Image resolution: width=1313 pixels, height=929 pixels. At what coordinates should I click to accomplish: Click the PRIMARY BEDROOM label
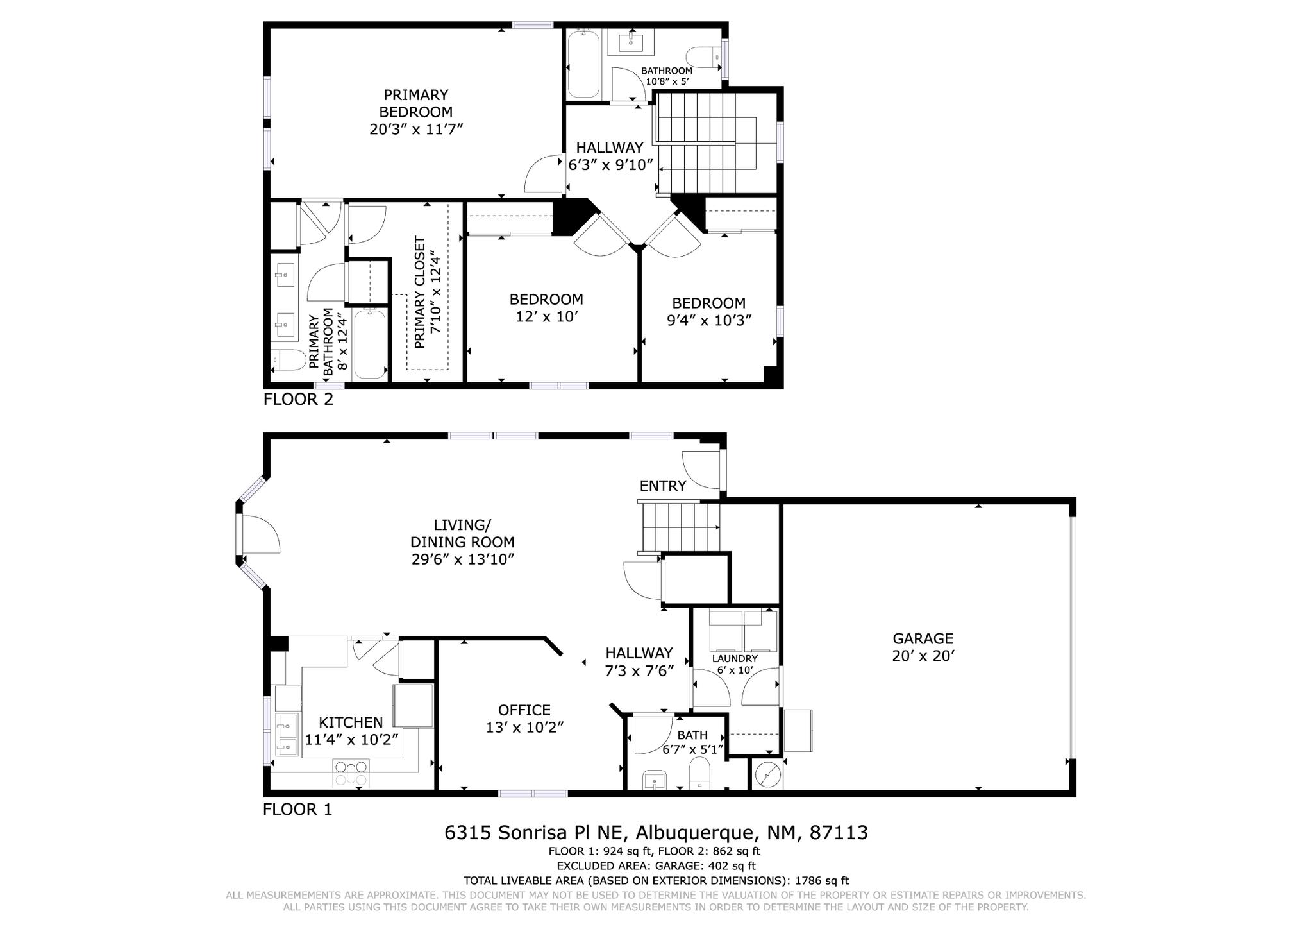tap(416, 112)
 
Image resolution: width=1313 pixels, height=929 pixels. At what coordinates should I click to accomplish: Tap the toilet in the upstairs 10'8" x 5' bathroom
tap(702, 57)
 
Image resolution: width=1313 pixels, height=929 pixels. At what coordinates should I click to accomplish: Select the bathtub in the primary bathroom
tap(370, 344)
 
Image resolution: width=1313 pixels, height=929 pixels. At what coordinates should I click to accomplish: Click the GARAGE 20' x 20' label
tap(923, 647)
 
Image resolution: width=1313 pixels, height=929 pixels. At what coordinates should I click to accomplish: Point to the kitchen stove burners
tap(351, 773)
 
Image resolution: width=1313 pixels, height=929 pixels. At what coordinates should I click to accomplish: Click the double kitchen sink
tap(287, 734)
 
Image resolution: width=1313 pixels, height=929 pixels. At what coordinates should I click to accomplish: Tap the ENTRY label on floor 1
tap(662, 486)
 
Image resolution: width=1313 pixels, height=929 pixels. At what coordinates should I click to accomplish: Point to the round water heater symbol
tap(767, 776)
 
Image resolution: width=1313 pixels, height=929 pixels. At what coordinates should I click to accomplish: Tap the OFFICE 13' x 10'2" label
tap(524, 719)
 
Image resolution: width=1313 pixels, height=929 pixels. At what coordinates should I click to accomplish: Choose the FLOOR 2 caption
tap(298, 400)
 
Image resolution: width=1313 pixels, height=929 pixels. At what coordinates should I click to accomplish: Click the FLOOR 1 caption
tap(297, 810)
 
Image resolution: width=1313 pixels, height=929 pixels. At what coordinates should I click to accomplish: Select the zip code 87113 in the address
tap(839, 833)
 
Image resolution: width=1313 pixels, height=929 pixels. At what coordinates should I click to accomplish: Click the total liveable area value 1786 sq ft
tap(821, 881)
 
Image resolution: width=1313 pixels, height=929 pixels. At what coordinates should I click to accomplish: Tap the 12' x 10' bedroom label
tap(546, 308)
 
